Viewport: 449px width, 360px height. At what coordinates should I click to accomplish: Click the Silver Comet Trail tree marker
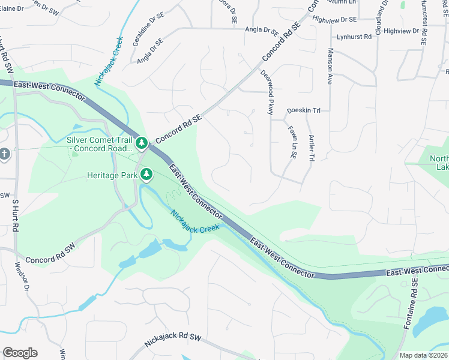[142, 143]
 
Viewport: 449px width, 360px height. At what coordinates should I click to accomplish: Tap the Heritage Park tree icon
[146, 175]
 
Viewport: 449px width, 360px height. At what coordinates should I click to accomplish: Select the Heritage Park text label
[112, 175]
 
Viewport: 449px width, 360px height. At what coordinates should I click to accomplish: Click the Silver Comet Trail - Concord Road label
[100, 144]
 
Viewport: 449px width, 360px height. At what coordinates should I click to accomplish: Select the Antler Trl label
[312, 148]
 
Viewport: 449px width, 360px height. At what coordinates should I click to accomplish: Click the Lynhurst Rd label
[354, 37]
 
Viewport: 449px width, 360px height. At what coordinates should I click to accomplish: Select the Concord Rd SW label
[49, 260]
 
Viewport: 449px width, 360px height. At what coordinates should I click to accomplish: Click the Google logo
[20, 353]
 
